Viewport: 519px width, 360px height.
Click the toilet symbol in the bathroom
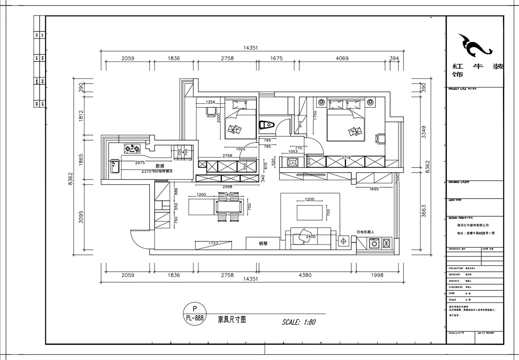(x=266, y=125)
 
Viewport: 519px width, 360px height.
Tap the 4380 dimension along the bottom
(x=320, y=275)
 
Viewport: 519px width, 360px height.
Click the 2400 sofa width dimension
(x=311, y=237)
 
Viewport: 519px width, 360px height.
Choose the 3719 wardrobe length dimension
(x=346, y=158)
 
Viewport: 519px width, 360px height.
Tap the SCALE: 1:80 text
(x=299, y=322)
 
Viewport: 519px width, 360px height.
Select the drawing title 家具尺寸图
(x=232, y=320)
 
